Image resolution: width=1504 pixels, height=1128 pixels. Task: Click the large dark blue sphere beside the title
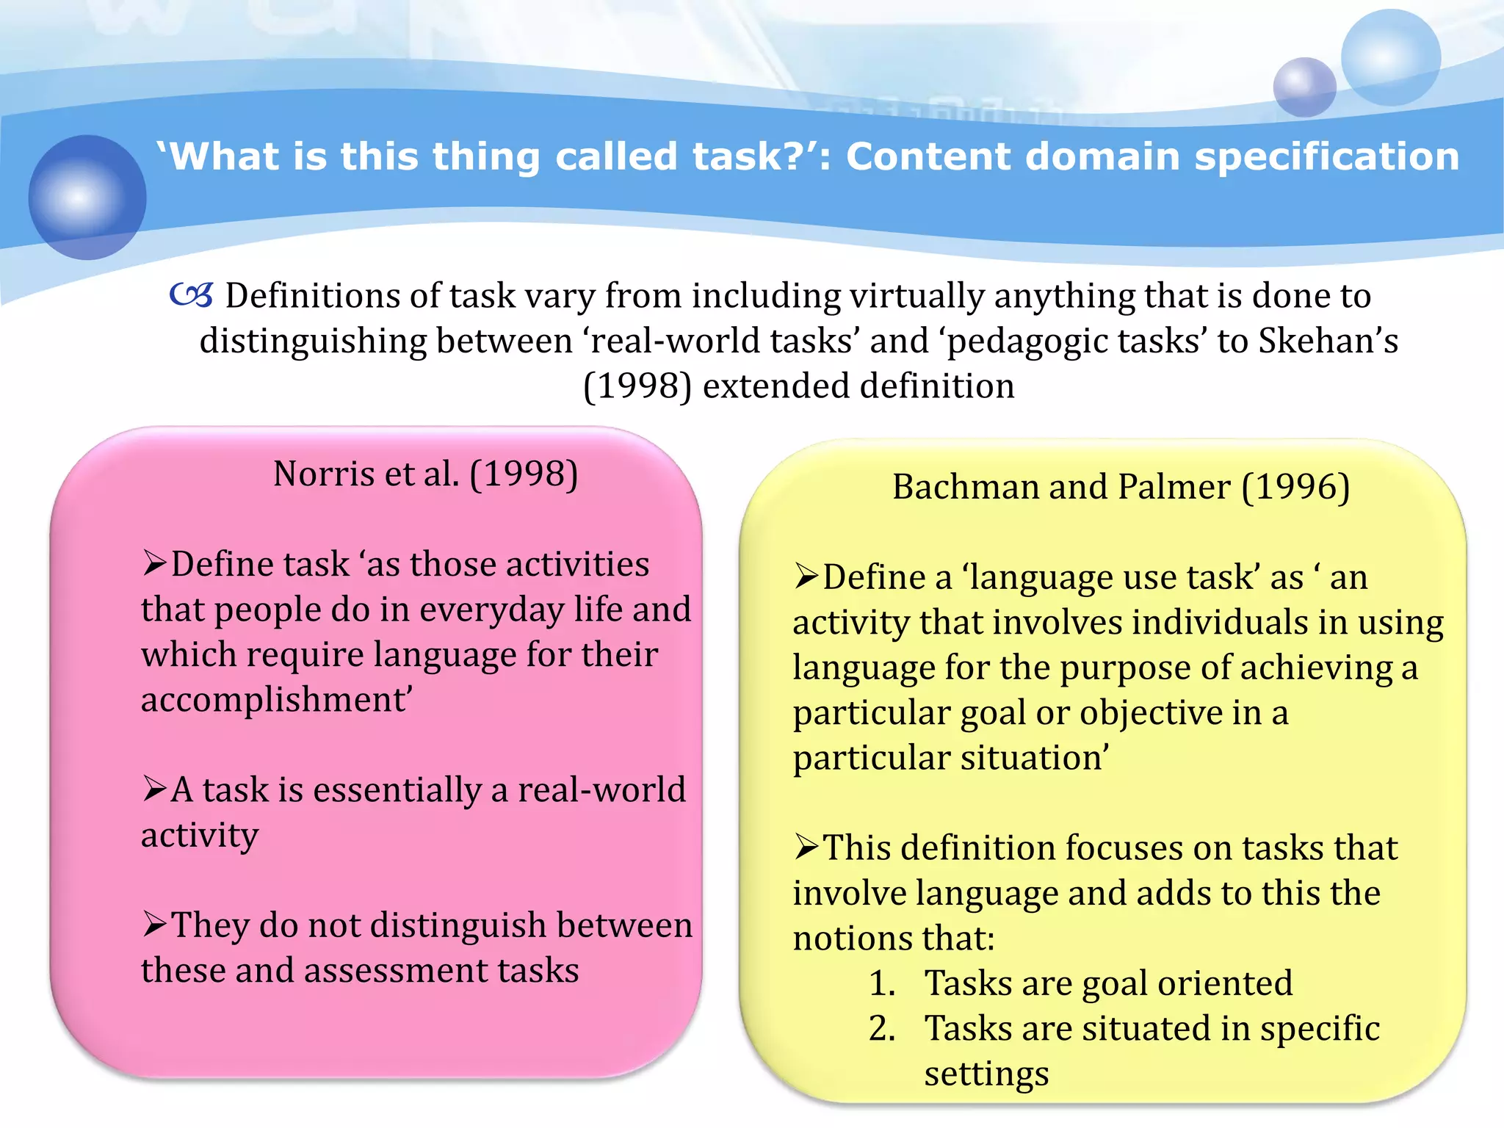[87, 197]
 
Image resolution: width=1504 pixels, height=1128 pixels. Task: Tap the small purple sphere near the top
[1304, 87]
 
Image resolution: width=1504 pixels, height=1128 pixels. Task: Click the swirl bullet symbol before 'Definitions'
[191, 296]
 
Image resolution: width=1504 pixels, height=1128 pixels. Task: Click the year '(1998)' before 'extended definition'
[637, 386]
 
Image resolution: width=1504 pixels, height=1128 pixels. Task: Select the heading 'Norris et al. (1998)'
[425, 474]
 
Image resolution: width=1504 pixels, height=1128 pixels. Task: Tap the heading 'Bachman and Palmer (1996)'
[1121, 487]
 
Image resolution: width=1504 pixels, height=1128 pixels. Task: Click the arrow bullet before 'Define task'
[155, 564]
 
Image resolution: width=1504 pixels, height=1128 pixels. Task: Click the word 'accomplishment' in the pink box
[276, 700]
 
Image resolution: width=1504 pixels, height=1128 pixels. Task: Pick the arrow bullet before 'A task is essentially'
[155, 789]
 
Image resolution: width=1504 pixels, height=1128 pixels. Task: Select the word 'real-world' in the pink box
[601, 789]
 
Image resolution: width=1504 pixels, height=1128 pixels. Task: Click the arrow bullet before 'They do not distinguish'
[155, 925]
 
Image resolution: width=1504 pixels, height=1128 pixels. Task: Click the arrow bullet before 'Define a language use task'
[806, 577]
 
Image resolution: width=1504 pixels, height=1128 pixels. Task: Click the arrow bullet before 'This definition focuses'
[806, 847]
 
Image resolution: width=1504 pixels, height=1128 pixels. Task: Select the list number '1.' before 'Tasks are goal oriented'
[882, 983]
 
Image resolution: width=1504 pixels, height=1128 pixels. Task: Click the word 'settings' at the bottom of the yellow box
[986, 1074]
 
